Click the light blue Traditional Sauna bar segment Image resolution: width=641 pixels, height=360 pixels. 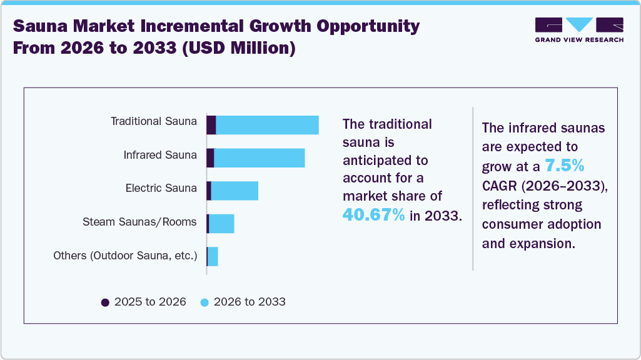click(267, 125)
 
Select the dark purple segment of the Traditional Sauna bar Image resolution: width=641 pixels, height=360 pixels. click(211, 125)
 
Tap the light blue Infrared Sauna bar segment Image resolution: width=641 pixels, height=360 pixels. click(259, 158)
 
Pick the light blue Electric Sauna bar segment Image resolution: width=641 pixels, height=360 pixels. click(235, 191)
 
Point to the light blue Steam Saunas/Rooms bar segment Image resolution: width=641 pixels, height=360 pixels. click(221, 223)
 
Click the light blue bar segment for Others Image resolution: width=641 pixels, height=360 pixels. click(213, 256)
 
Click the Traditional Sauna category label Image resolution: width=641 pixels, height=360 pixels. click(153, 121)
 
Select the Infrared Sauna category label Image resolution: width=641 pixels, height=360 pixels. click(160, 155)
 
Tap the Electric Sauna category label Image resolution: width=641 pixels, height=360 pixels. click(161, 188)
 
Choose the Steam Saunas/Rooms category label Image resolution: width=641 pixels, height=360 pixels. click(139, 222)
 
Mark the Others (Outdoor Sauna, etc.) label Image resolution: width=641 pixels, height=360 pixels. click(125, 256)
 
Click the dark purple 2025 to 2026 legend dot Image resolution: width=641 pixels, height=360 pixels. click(105, 302)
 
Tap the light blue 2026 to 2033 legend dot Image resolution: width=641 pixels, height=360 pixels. click(204, 302)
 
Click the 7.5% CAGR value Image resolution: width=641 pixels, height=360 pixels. click(563, 166)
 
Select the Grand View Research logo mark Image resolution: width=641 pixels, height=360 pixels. click(579, 25)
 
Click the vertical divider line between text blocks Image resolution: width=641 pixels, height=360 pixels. click(473, 188)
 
